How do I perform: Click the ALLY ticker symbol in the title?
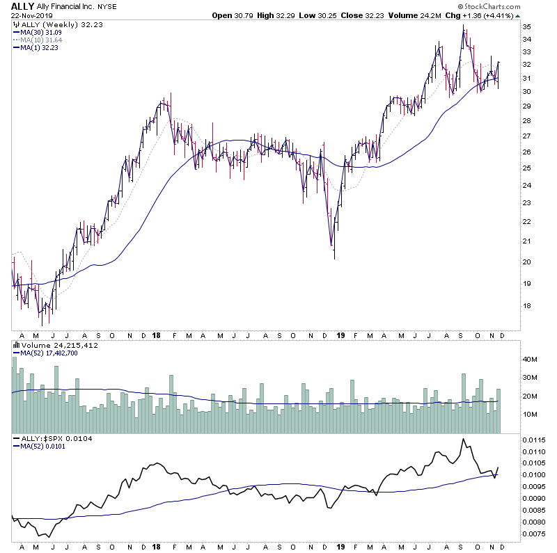point(23,6)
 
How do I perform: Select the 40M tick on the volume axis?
point(531,360)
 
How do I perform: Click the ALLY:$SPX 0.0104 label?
point(52,439)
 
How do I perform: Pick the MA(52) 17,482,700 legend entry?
point(54,353)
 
